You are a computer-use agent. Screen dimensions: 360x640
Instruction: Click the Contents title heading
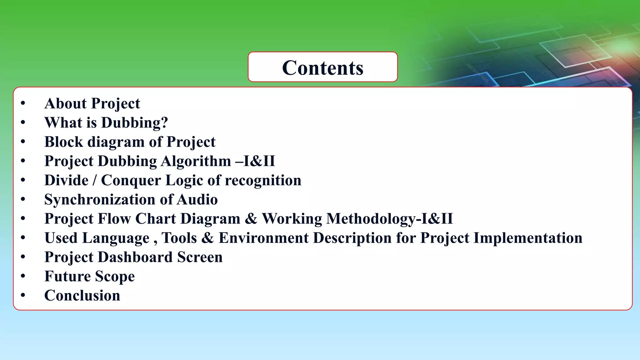(x=322, y=68)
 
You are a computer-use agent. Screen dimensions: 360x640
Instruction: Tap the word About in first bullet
(x=65, y=103)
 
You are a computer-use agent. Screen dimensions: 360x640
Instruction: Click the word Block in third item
(x=64, y=142)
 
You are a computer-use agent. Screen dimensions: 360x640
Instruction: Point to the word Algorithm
(x=196, y=161)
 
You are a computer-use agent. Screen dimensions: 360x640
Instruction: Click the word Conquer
(x=131, y=181)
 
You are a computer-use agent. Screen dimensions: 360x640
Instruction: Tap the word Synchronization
(x=100, y=200)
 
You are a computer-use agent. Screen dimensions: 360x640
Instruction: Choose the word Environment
(x=263, y=238)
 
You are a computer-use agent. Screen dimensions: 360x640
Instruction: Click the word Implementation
(x=528, y=238)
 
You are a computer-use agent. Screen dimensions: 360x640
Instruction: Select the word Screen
(x=200, y=257)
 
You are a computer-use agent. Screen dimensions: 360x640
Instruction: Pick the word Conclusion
(x=82, y=296)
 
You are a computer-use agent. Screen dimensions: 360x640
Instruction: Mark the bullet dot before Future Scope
(x=23, y=276)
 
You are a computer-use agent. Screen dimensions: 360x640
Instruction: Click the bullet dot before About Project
(x=23, y=103)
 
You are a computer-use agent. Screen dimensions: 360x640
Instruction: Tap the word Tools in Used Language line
(x=179, y=238)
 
